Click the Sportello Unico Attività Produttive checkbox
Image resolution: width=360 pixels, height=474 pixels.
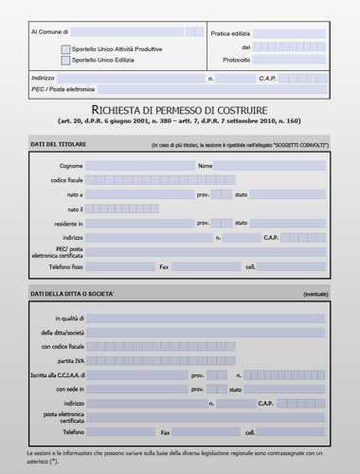point(65,48)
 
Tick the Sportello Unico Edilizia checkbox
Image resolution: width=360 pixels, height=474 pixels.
point(65,60)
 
